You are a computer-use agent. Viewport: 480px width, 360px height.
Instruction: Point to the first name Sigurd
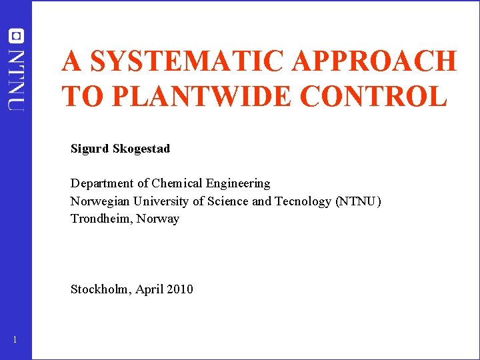[90, 149]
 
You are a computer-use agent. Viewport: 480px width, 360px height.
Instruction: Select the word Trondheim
[101, 219]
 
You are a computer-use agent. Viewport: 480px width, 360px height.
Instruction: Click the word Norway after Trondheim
[158, 219]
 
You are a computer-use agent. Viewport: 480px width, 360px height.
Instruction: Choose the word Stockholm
[101, 289]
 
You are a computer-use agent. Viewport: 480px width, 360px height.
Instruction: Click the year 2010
[179, 289]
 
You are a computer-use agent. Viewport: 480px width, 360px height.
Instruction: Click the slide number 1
[15, 341]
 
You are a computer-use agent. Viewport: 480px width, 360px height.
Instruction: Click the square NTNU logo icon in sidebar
[15, 36]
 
